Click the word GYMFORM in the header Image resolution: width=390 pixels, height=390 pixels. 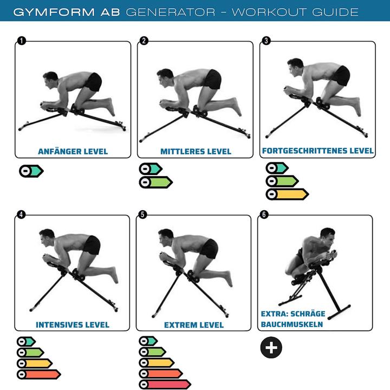(x=54, y=12)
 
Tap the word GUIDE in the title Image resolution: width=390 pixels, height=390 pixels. (x=335, y=12)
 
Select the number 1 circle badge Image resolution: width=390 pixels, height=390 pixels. (x=21, y=41)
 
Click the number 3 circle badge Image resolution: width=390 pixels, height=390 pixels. (x=266, y=41)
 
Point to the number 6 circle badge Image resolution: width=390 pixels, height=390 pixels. (x=264, y=214)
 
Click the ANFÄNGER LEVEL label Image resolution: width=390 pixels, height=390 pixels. (x=73, y=151)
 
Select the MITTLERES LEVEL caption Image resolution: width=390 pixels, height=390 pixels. (x=196, y=151)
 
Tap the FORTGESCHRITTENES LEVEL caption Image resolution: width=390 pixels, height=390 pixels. (x=317, y=151)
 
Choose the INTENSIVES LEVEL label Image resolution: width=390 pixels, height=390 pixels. (x=73, y=324)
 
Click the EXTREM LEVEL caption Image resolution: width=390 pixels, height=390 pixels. (x=194, y=325)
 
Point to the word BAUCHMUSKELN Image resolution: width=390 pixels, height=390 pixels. (x=292, y=324)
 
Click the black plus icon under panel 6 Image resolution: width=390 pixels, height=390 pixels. (x=271, y=347)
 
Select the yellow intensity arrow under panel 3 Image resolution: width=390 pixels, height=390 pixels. (x=287, y=194)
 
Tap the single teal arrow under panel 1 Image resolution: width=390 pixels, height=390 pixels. (x=31, y=171)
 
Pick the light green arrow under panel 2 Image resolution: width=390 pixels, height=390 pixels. (x=156, y=183)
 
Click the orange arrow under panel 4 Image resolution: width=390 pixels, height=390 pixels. (x=39, y=374)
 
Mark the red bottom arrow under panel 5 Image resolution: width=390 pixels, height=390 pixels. (x=165, y=385)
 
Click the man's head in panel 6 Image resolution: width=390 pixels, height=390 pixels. (x=327, y=236)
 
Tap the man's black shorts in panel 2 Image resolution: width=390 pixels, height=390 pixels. (x=213, y=79)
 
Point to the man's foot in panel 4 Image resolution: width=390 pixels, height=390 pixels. (x=114, y=275)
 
